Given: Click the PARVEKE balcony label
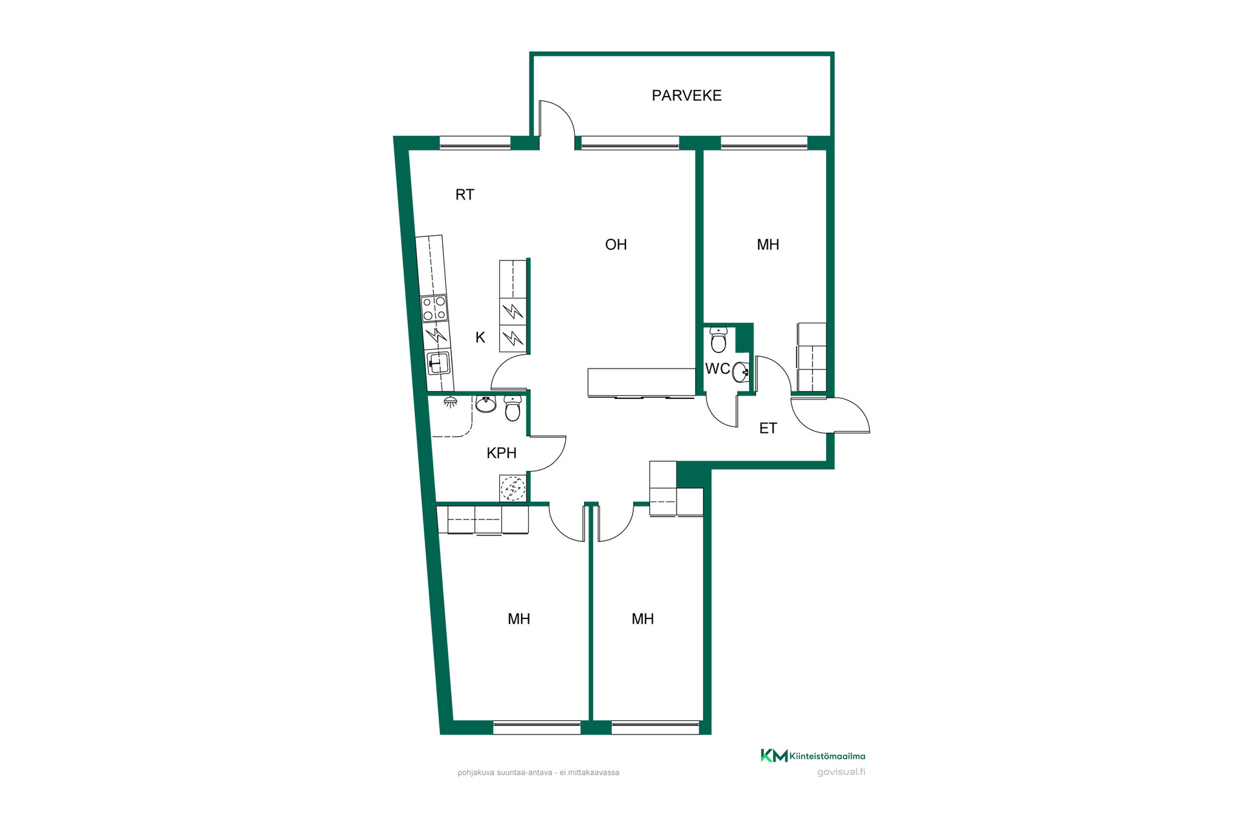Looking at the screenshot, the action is pos(686,95).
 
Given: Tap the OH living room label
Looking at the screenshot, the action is pos(616,244).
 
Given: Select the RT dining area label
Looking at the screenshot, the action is pos(465,194).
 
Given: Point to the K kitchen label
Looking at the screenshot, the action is pos(480,337).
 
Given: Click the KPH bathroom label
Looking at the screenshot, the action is pos(502,453).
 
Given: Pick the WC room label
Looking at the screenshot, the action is pos(717,369).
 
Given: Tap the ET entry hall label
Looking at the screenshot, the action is pos(768,428).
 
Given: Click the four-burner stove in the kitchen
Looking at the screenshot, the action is pos(434,308).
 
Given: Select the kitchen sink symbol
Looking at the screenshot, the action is pos(438,363).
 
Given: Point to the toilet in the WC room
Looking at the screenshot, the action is pos(719,339).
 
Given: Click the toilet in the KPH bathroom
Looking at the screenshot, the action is pos(512,409).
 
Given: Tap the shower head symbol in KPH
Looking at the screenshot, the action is pos(450,402).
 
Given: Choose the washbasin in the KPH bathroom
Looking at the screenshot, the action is pos(486,404).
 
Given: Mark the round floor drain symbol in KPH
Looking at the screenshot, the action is pos(513,488).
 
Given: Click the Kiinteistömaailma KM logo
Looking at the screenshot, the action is pos(812,756).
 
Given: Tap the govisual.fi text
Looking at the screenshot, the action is pos(841,772).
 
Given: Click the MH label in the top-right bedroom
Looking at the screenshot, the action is pos(768,244).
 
